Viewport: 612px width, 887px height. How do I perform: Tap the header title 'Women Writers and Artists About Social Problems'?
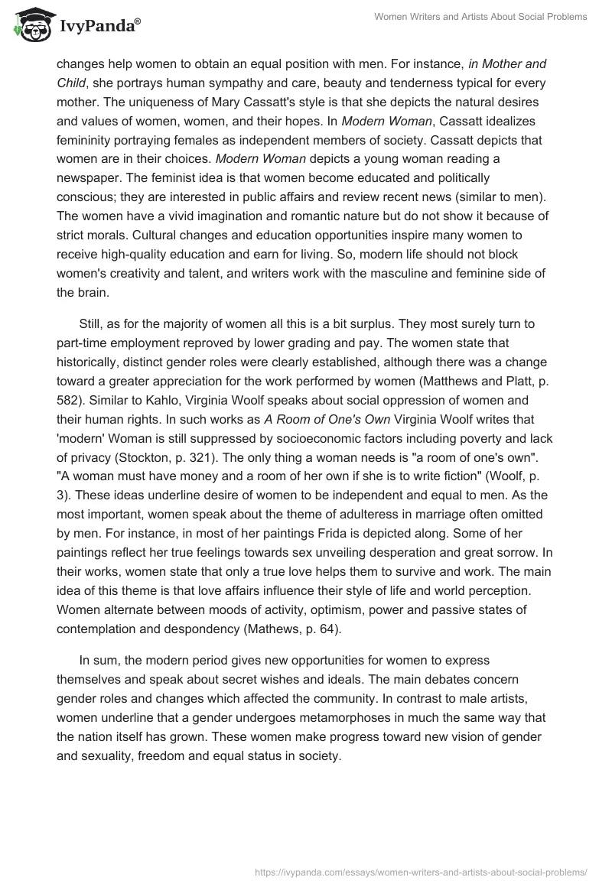[480, 17]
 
